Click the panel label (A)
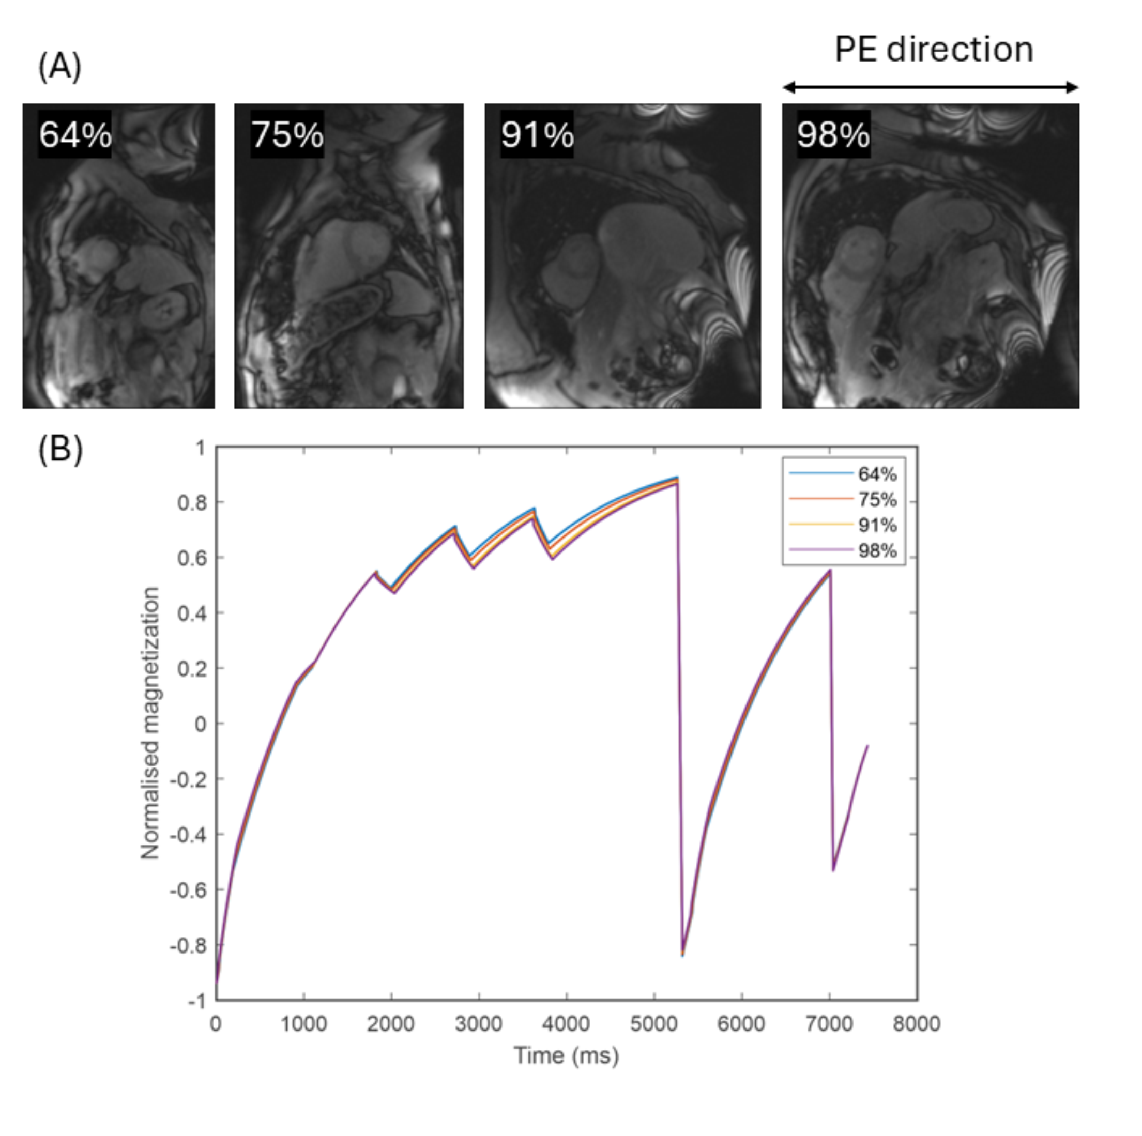[59, 66]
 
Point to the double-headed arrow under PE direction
[931, 88]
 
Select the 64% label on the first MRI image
[75, 135]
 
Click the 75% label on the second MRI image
[287, 135]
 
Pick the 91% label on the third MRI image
[537, 135]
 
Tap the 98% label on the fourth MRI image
[833, 135]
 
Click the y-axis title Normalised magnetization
[150, 722]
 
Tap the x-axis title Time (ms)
[566, 1055]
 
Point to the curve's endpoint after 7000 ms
[867, 746]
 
